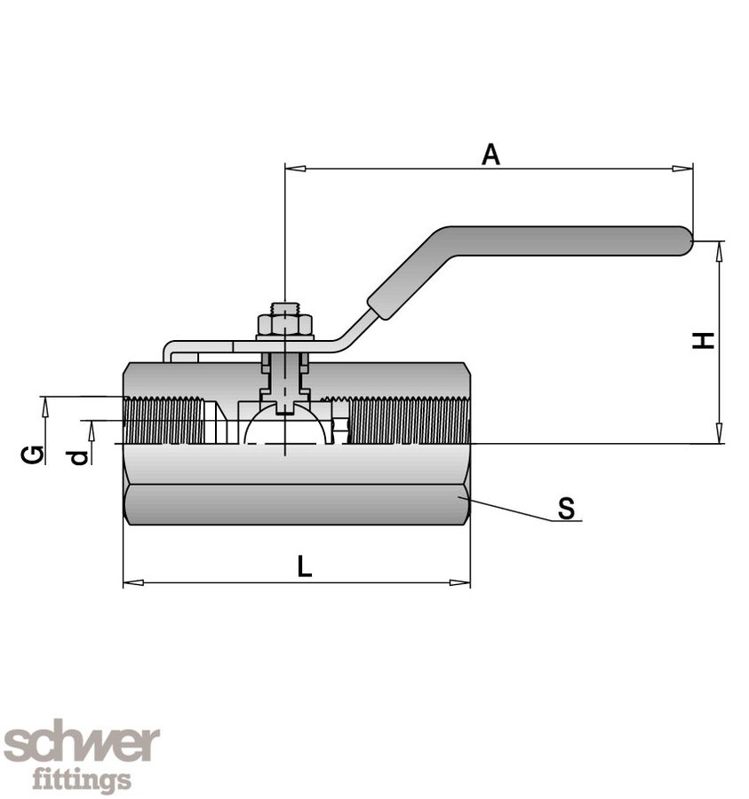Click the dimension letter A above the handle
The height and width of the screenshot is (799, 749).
tap(490, 154)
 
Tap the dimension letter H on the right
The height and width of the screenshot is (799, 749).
tap(704, 340)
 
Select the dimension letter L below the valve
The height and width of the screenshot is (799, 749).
tap(305, 566)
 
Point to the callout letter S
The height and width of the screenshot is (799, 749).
tap(566, 509)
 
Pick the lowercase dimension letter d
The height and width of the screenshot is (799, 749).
tap(80, 456)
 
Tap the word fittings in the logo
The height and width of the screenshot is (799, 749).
tap(82, 779)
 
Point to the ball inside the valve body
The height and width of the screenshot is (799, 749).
tap(284, 427)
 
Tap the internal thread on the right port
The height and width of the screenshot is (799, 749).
tap(409, 421)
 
